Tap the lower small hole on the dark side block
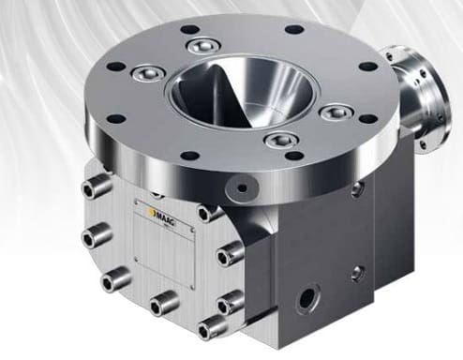(x=356, y=274)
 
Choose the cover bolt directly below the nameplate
(x=162, y=303)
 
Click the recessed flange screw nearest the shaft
(x=333, y=113)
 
